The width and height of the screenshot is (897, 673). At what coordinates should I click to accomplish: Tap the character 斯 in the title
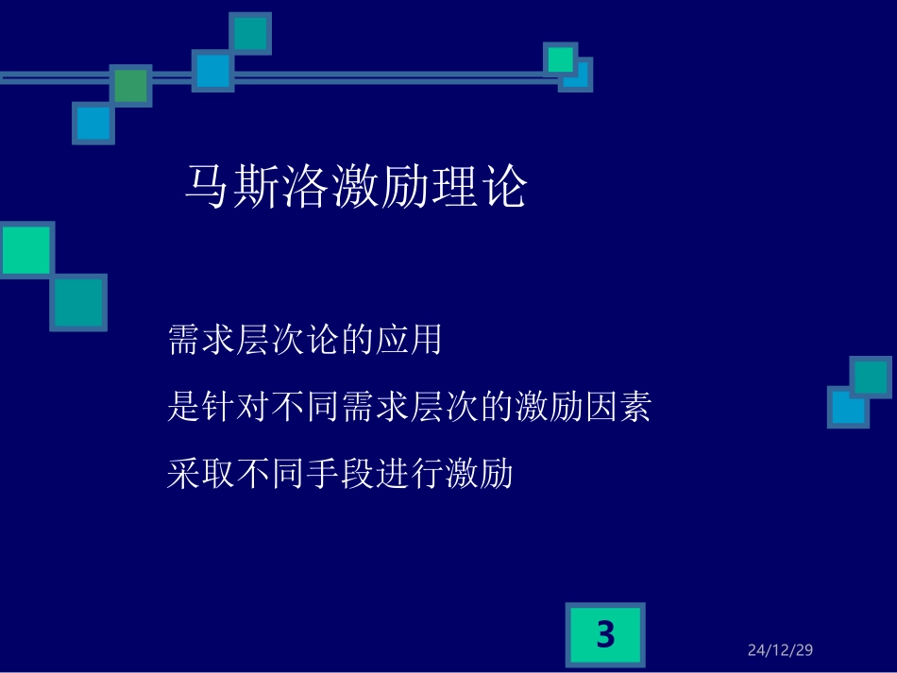(x=256, y=187)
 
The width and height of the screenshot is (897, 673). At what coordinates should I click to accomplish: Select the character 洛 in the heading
(x=305, y=187)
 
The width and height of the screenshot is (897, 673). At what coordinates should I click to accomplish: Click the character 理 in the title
(x=452, y=187)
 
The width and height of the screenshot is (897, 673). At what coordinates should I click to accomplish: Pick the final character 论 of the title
(x=501, y=187)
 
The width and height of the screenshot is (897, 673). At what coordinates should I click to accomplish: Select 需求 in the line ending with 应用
(x=201, y=340)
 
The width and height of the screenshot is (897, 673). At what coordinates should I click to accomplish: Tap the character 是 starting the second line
(x=183, y=407)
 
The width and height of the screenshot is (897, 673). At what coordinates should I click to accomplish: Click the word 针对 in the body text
(x=235, y=407)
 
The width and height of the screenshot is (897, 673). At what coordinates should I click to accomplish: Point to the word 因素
(x=617, y=407)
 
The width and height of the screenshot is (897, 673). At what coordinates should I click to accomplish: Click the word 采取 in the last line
(x=201, y=473)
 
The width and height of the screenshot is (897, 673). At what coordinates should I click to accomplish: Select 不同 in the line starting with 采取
(x=270, y=473)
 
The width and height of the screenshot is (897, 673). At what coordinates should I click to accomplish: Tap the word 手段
(x=339, y=473)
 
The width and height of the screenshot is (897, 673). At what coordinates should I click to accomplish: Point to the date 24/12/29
(x=780, y=650)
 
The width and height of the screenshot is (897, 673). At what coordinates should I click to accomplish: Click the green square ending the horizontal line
(x=561, y=59)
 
